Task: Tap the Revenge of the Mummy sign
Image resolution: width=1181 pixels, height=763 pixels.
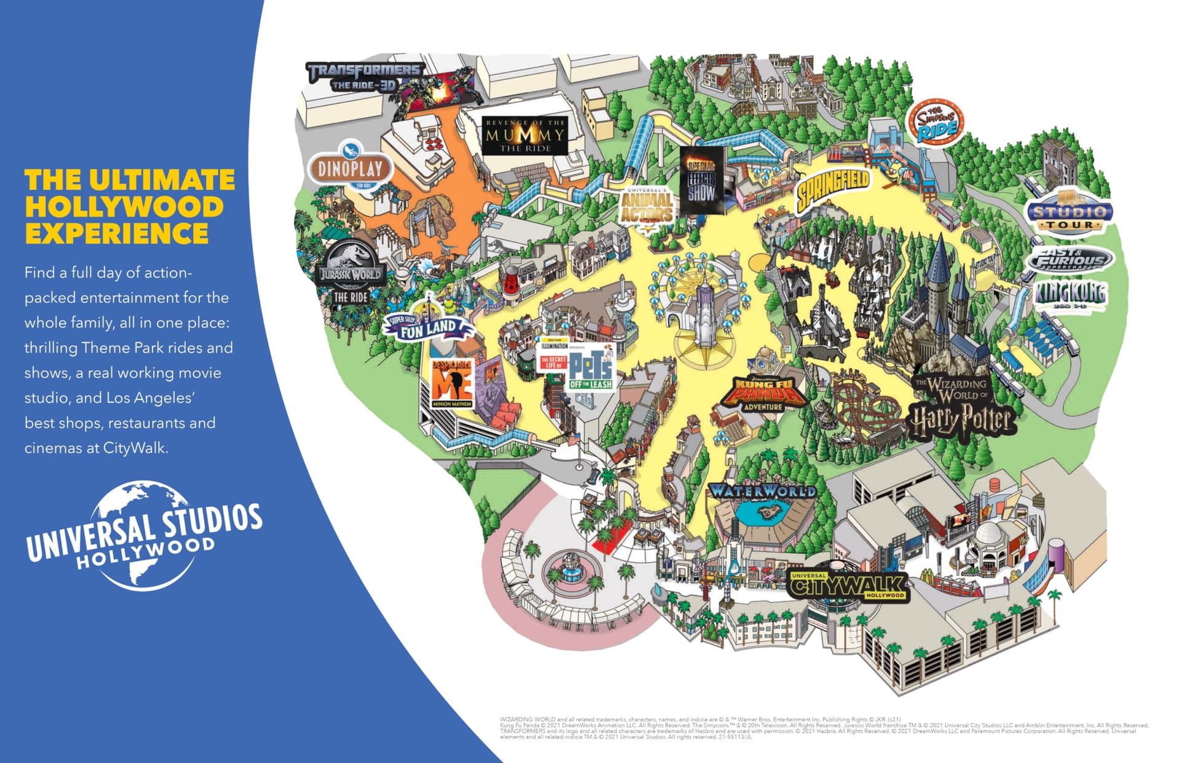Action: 524,135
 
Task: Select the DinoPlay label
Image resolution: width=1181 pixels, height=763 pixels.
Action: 349,168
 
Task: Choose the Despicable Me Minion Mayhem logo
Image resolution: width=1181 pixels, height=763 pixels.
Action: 452,383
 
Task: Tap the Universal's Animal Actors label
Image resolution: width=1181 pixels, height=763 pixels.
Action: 646,207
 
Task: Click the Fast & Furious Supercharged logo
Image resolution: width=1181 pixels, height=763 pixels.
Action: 1070,259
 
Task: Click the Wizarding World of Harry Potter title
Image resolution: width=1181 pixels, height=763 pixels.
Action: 961,406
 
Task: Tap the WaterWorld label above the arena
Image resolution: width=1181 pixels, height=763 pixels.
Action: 763,491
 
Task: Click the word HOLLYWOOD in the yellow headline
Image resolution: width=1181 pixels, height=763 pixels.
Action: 124,207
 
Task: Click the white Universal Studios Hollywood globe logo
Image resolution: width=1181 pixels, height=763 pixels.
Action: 145,535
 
